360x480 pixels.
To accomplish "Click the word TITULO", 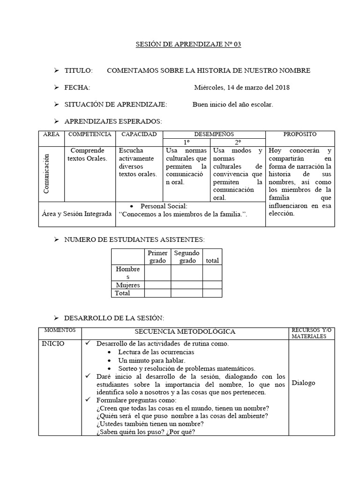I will (79, 71).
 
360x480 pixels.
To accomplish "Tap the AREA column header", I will (52, 135).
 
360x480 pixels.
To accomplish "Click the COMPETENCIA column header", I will (90, 135).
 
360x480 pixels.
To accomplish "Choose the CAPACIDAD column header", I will (139, 135).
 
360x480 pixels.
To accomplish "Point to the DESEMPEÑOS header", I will (214, 135).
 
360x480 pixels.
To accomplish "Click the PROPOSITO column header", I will (300, 135).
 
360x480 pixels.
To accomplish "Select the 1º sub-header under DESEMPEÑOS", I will (187, 142).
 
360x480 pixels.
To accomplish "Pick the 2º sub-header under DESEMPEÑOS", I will (238, 142).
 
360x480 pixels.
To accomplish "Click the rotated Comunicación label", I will (47, 174).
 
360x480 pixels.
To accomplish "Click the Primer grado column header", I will (157, 257).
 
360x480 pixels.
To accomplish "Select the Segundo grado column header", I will (187, 257).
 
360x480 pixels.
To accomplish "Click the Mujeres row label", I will (127, 285).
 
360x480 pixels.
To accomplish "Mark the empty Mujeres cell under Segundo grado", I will (187, 285).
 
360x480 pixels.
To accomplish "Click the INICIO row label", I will (53, 344).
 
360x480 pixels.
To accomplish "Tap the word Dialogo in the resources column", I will (303, 383).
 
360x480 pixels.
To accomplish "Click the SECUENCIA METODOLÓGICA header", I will (186, 332).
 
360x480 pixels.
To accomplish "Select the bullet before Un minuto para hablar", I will (109, 360).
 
